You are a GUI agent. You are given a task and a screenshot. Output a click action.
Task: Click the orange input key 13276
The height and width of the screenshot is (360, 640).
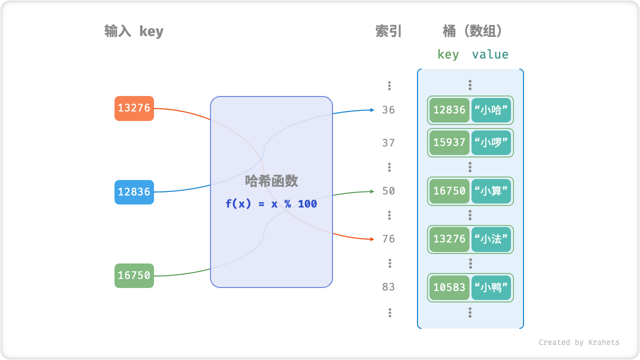tap(134, 108)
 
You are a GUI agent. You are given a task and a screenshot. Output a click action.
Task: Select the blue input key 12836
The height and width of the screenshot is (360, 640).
tap(134, 192)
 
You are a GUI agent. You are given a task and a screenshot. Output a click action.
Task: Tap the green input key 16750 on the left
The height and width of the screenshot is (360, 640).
tap(134, 275)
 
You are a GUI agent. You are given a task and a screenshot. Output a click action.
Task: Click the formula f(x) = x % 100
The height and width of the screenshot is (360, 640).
tap(271, 204)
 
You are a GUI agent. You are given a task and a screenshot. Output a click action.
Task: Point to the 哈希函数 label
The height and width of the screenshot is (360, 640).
tap(271, 181)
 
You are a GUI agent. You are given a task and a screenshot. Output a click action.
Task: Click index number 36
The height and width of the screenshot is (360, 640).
tap(388, 110)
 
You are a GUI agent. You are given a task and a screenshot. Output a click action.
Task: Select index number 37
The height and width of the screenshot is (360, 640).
tap(388, 143)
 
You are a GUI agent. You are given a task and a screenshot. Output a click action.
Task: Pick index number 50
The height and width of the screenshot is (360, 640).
tap(388, 191)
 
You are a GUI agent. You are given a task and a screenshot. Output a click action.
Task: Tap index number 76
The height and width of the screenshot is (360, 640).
tap(388, 239)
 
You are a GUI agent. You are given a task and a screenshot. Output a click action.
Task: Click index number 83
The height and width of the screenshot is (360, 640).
tap(388, 287)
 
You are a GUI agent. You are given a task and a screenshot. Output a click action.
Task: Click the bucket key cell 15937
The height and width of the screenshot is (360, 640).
tap(449, 143)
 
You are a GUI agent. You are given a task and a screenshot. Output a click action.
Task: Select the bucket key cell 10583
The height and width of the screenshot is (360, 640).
tap(449, 287)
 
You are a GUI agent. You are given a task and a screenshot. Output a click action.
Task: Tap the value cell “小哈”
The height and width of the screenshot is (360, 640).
tap(491, 110)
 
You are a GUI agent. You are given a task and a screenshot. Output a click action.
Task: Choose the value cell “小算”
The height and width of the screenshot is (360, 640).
tap(491, 191)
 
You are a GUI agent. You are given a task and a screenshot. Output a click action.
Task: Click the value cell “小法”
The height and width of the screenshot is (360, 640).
tap(491, 239)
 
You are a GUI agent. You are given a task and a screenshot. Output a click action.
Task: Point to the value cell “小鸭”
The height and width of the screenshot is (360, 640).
tap(491, 287)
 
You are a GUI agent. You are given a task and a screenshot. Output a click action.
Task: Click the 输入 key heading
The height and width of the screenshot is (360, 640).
tap(134, 31)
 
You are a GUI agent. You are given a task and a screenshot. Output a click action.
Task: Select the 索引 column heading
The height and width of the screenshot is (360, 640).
tap(388, 31)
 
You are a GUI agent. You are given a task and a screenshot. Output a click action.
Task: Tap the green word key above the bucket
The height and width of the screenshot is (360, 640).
tap(448, 54)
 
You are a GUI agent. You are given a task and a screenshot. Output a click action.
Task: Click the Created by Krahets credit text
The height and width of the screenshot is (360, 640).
tap(578, 342)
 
